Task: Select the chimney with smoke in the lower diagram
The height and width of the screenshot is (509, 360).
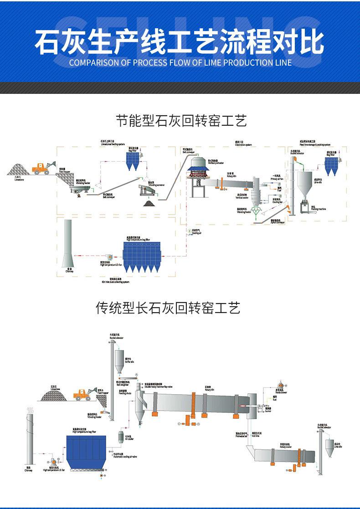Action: pyautogui.click(x=29, y=437)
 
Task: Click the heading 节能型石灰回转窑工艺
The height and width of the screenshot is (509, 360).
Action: pyautogui.click(x=181, y=121)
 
